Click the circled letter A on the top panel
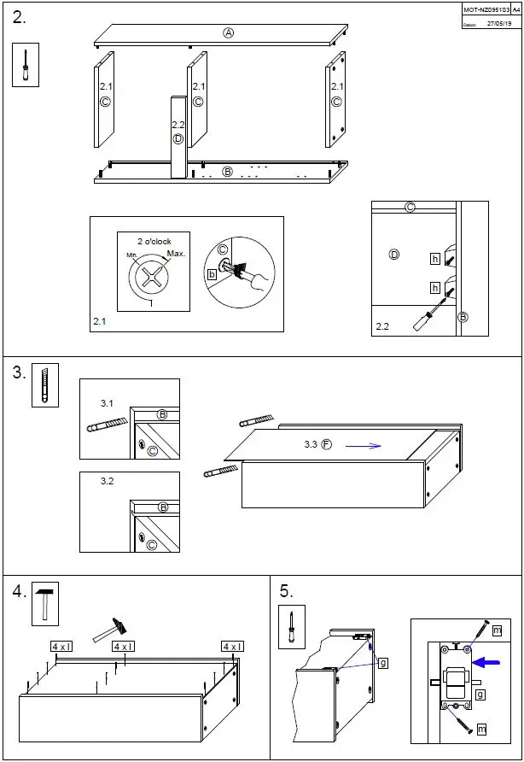tap(228, 33)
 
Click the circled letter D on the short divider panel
tap(178, 138)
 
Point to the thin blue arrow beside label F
tap(363, 445)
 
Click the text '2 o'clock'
tap(154, 241)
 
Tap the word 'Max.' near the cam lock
tap(176, 254)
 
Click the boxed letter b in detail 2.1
tap(211, 274)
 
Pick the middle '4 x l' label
tap(124, 647)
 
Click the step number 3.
tap(19, 372)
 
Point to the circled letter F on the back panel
tap(326, 445)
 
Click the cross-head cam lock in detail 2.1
tap(151, 278)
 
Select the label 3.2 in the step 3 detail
tap(107, 482)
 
